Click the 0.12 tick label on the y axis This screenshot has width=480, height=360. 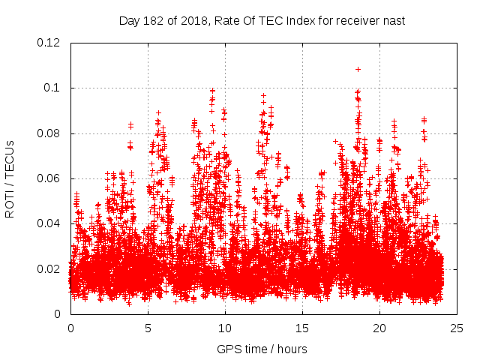tap(50, 43)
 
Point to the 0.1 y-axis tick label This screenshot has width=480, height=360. tap(53, 88)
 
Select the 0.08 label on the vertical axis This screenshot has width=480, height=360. tap(50, 133)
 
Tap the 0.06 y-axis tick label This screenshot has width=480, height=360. tap(50, 178)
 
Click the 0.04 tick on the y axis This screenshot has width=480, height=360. tap(50, 223)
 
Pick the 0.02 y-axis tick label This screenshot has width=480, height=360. tap(50, 269)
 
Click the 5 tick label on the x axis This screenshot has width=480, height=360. tap(148, 328)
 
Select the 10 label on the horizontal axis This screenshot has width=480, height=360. tap(225, 328)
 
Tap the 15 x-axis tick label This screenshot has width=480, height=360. tap(302, 328)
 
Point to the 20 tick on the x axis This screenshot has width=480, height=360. tap(379, 328)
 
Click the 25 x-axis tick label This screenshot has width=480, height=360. tap(457, 328)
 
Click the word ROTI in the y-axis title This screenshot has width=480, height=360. tap(10, 203)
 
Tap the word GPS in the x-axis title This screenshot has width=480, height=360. tap(227, 349)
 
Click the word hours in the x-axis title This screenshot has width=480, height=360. tap(291, 349)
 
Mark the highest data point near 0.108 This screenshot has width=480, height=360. tap(358, 69)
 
